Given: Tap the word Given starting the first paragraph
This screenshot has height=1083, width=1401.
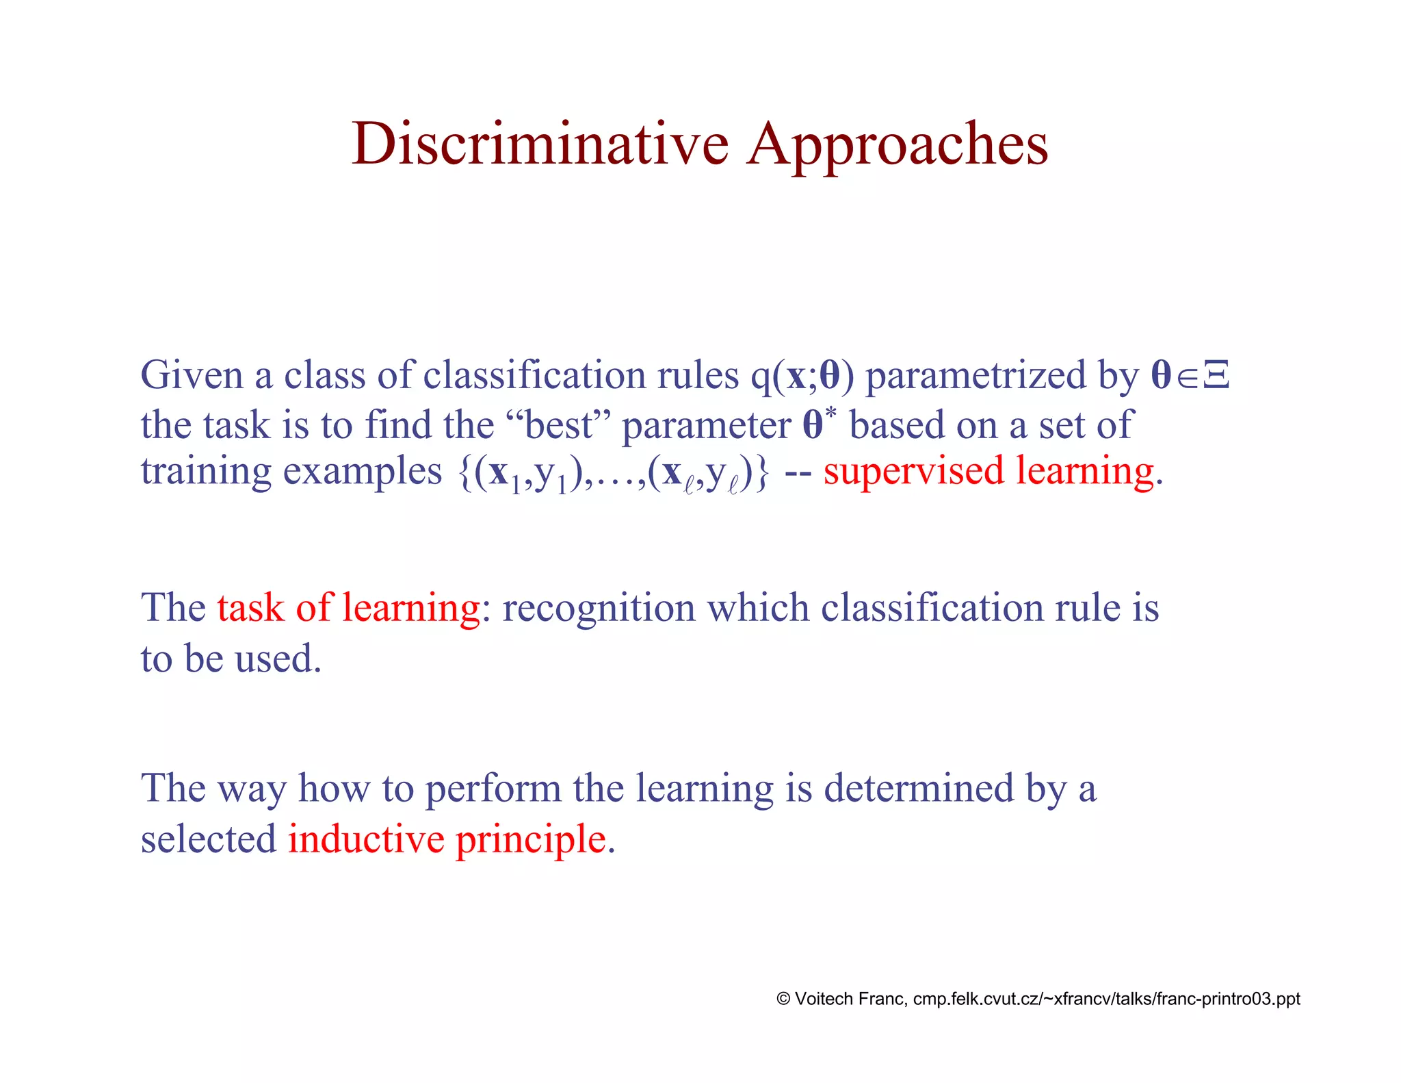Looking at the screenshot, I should click(x=192, y=375).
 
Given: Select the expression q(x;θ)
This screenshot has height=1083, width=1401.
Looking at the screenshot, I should click(x=802, y=377).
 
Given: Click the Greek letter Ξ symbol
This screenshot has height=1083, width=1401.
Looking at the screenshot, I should click(x=1216, y=375).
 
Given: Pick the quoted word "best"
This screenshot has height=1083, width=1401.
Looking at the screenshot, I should click(x=559, y=425).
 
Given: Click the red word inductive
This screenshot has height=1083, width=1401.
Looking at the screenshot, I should click(x=366, y=839).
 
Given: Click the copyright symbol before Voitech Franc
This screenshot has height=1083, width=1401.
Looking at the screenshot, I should click(x=783, y=999).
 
